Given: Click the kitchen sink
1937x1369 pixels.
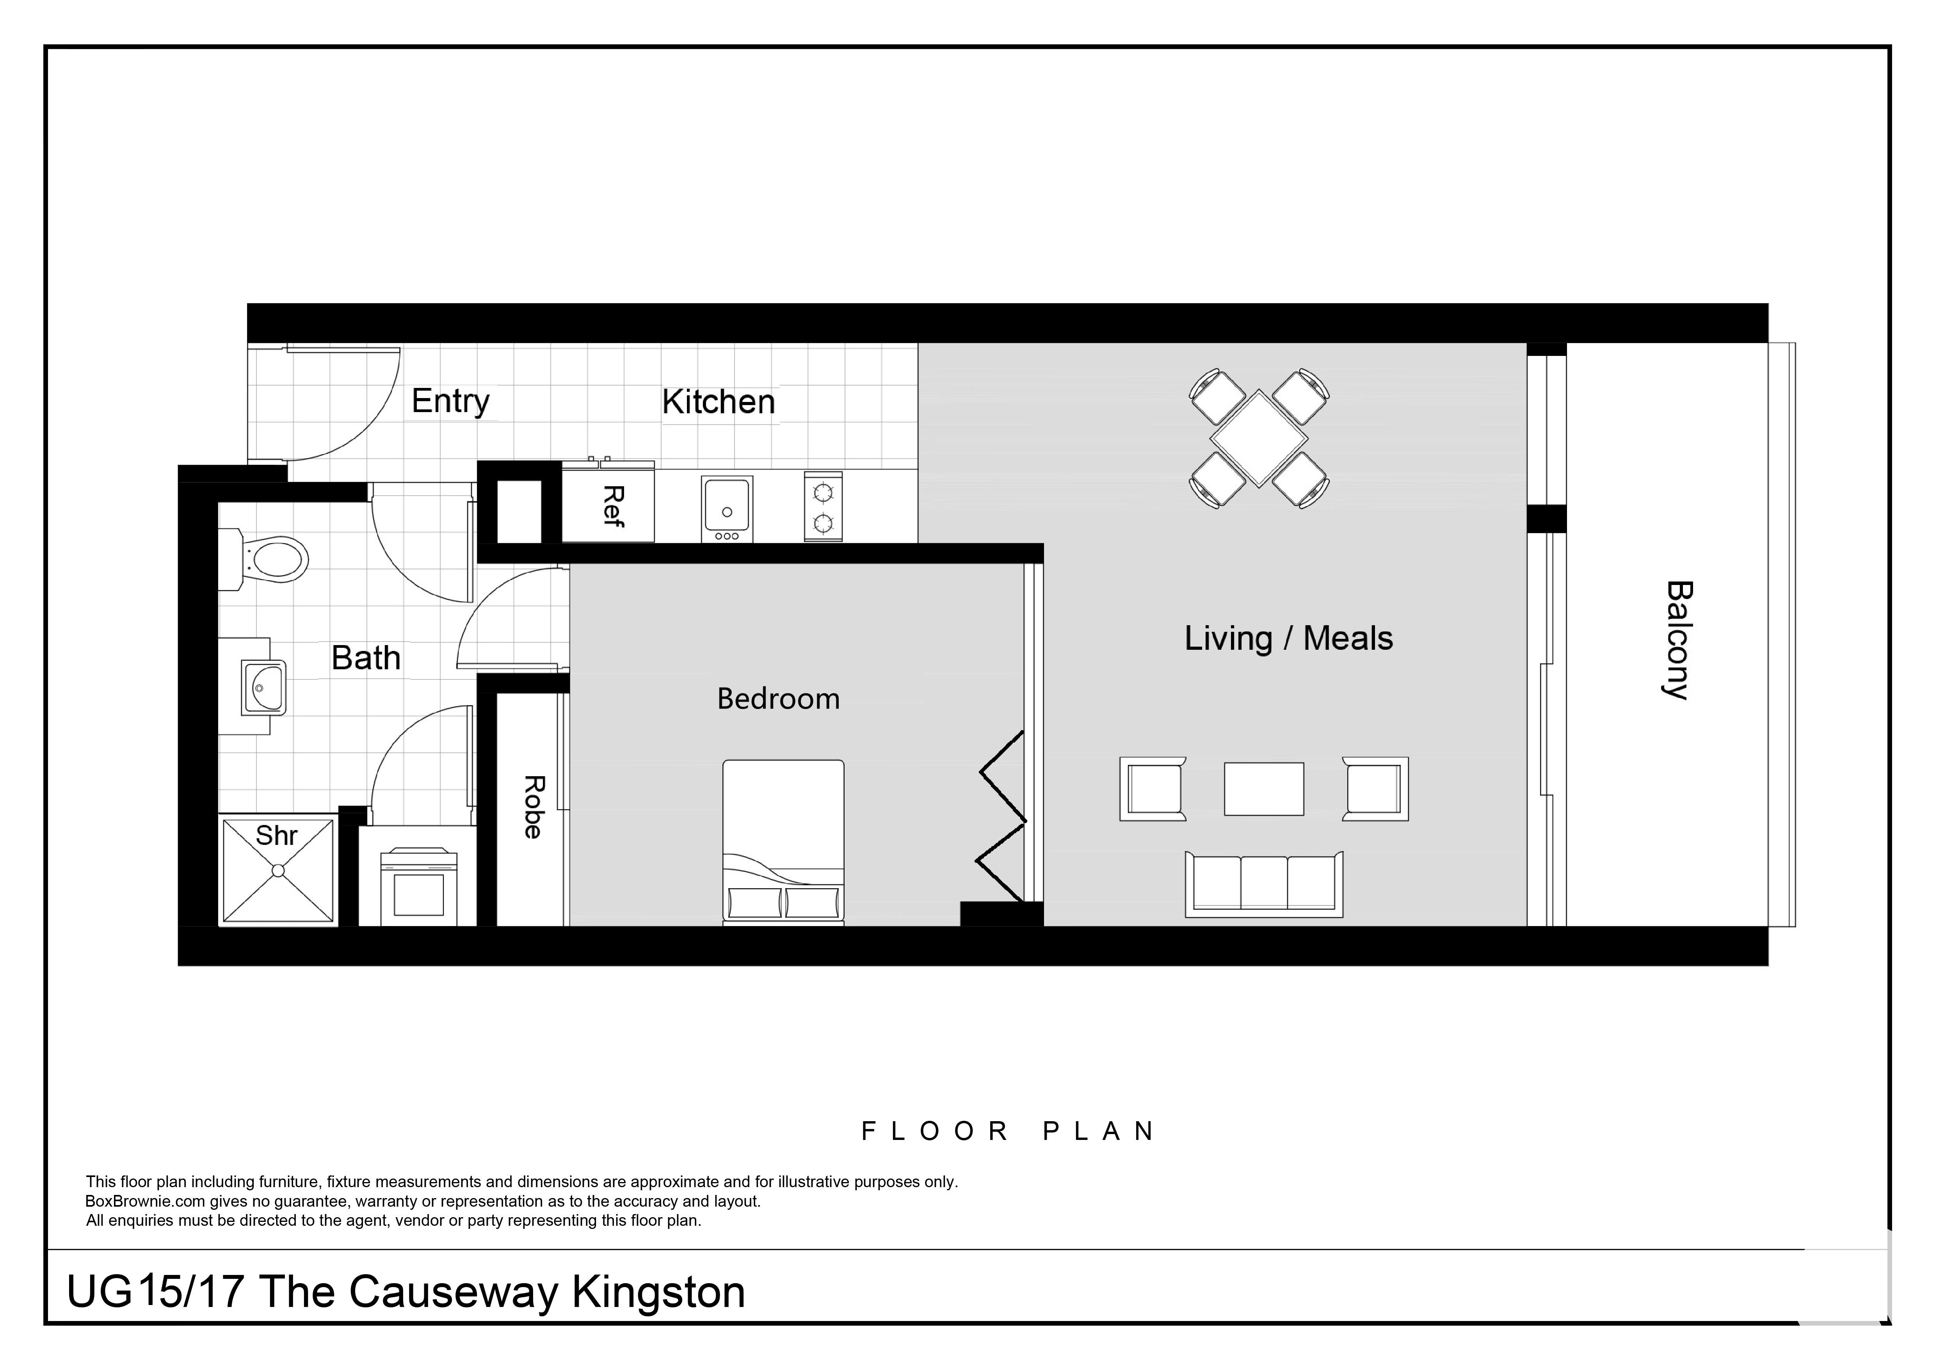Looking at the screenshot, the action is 726,508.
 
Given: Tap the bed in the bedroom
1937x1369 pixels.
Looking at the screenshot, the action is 783,842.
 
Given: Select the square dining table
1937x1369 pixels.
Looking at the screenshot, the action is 1259,439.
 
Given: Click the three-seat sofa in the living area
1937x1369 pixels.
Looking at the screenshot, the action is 1264,884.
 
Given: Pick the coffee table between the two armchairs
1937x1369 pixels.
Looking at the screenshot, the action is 1264,789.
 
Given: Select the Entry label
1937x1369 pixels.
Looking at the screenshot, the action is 450,402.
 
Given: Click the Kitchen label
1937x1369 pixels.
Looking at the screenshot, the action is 718,402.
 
